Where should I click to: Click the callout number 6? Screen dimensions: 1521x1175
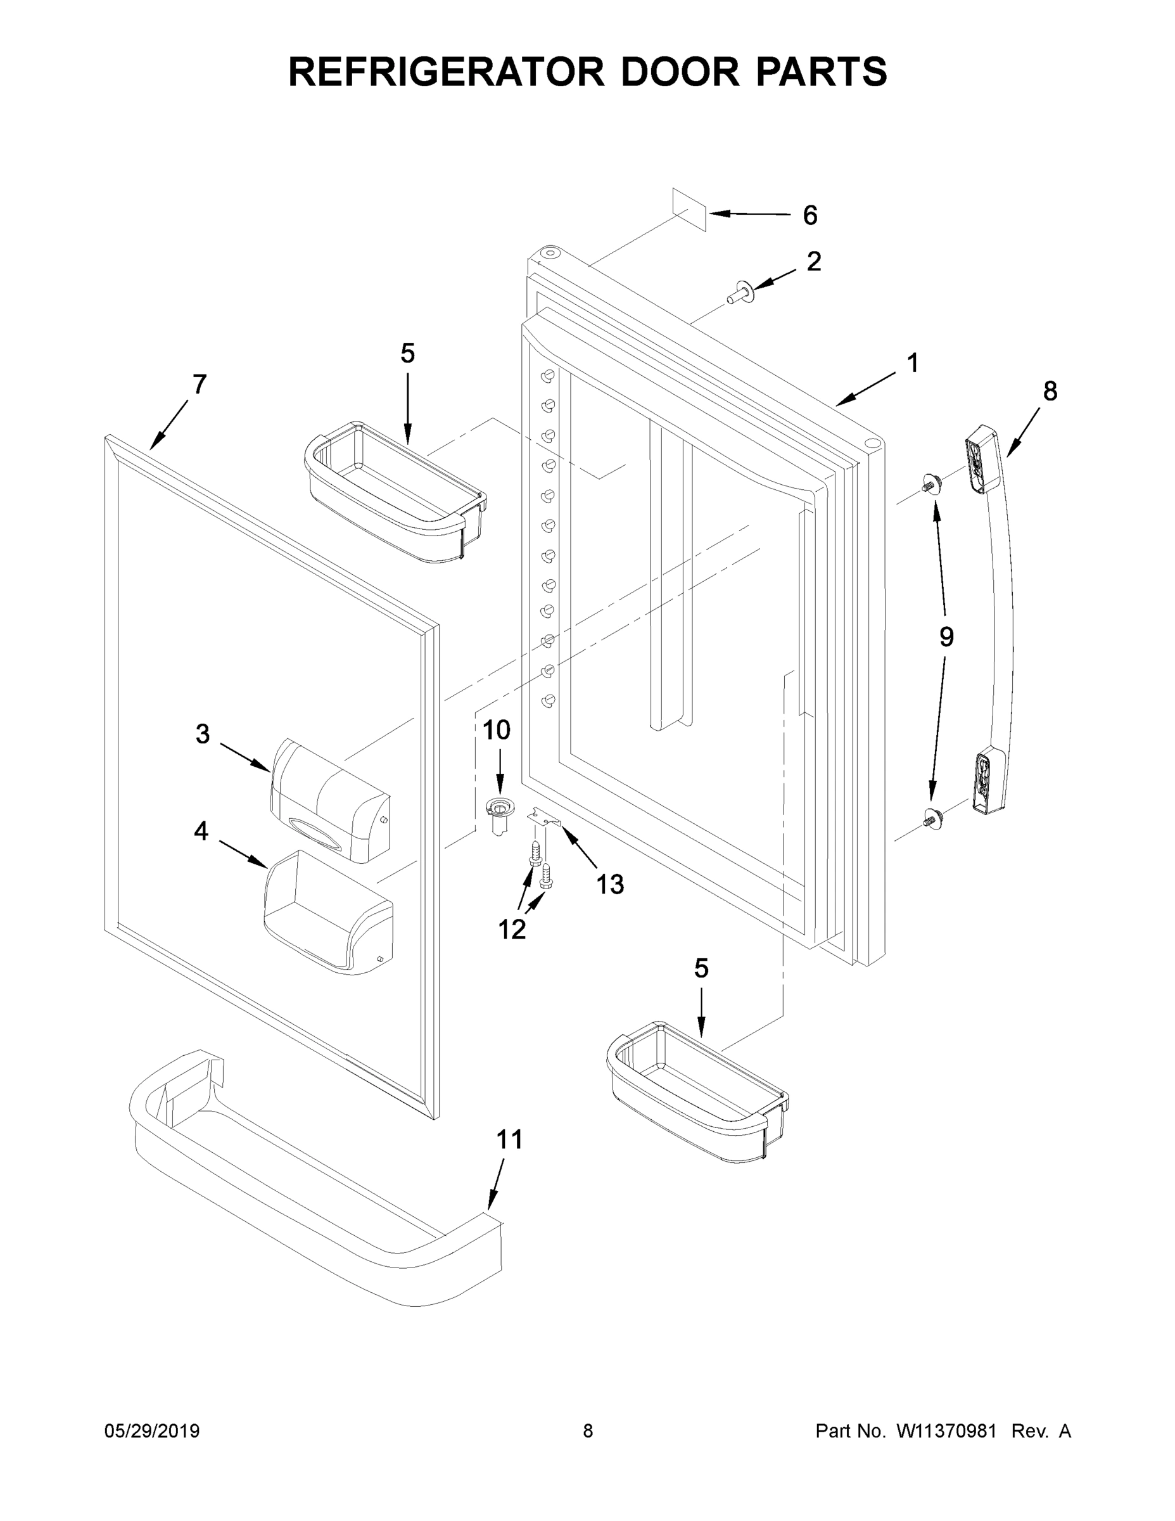[810, 215]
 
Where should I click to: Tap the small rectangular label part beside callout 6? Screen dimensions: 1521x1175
[689, 209]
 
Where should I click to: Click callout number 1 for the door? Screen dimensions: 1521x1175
[913, 363]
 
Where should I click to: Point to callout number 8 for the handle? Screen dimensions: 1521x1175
[1050, 392]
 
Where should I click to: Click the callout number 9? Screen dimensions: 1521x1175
[946, 636]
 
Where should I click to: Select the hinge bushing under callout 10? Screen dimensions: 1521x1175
[499, 814]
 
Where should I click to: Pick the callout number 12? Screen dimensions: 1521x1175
[512, 929]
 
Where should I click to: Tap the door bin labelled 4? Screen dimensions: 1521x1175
[329, 913]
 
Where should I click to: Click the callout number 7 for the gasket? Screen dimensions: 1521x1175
[199, 385]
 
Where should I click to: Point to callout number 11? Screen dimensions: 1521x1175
[509, 1140]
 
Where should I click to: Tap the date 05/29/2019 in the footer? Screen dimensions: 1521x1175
[152, 1431]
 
